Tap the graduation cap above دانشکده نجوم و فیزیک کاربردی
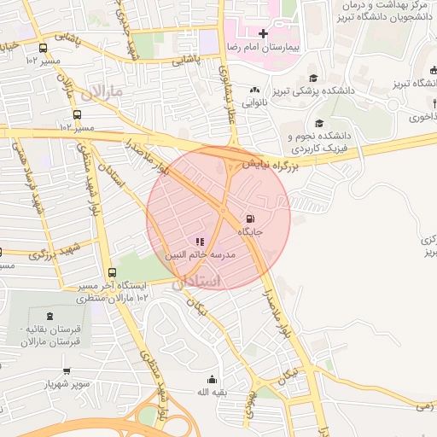319,122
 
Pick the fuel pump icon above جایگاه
249,218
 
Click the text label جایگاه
249,232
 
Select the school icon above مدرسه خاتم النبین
200,242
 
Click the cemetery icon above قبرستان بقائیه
44,315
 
